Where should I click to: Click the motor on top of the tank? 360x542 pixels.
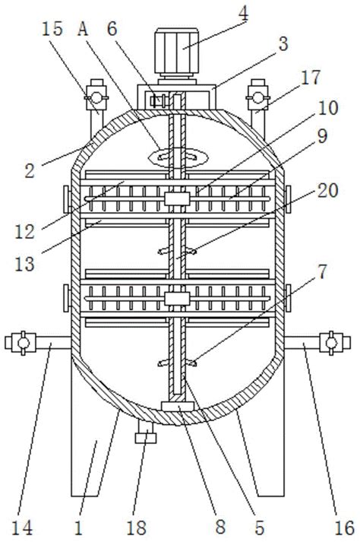176,52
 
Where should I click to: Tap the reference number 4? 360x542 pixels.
243,14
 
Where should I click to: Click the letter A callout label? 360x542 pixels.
83,29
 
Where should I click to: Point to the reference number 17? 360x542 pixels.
311,77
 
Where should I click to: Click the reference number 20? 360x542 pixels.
327,191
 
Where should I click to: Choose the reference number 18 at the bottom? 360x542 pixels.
136,528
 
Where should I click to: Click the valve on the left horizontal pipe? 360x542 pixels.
23,343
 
